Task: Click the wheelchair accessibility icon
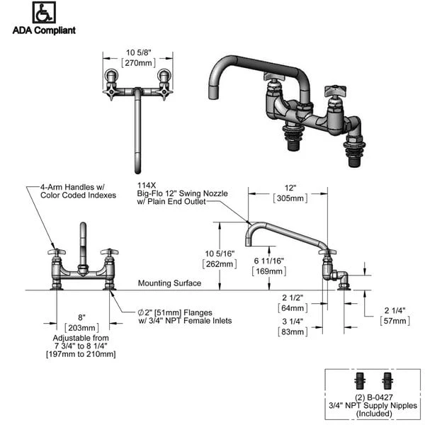point(44,13)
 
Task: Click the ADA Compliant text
point(44,30)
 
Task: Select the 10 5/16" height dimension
point(220,254)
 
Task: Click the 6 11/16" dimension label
point(269,261)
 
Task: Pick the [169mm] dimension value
point(269,271)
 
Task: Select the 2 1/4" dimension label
point(395,310)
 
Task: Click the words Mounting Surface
point(169,283)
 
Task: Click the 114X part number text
point(147,183)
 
